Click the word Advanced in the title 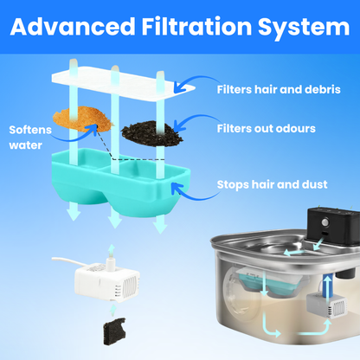click(x=73, y=27)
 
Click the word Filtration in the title click(x=196, y=27)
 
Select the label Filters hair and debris click(x=279, y=89)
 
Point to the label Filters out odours click(x=267, y=128)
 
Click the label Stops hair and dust click(x=272, y=184)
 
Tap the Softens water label click(x=30, y=138)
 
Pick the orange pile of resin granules click(x=82, y=119)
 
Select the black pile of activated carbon click(x=151, y=133)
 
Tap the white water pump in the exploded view click(x=107, y=280)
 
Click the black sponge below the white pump click(x=114, y=331)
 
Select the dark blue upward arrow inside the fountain click(x=327, y=290)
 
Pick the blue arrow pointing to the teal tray click(x=195, y=191)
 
